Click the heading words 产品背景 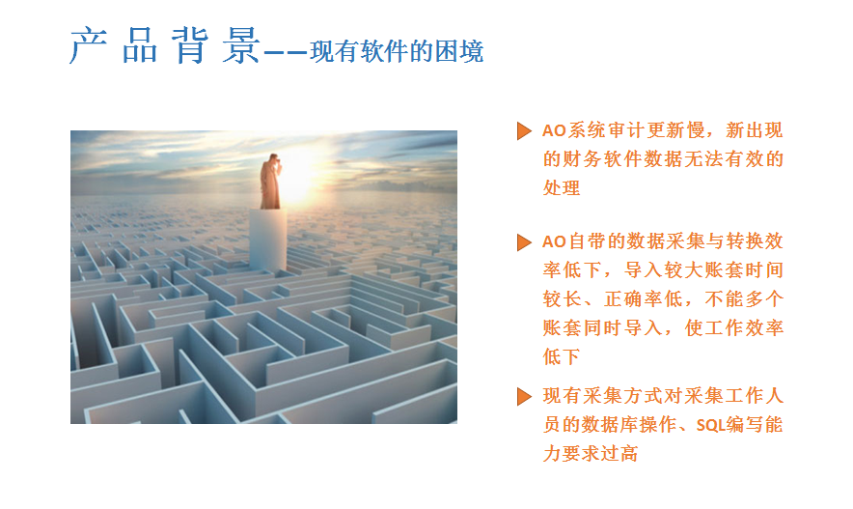tap(165, 45)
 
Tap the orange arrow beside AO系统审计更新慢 tap(524, 130)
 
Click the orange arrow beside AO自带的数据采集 tap(524, 242)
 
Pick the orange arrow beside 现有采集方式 tap(524, 396)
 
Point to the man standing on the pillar tap(270, 182)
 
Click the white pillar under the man tap(267, 240)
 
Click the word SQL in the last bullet tap(710, 425)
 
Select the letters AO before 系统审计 tap(554, 130)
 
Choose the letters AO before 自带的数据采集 tap(554, 242)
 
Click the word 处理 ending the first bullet tap(562, 187)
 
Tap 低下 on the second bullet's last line tap(562, 356)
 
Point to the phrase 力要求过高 tap(591, 454)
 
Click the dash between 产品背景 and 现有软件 tap(287, 53)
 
